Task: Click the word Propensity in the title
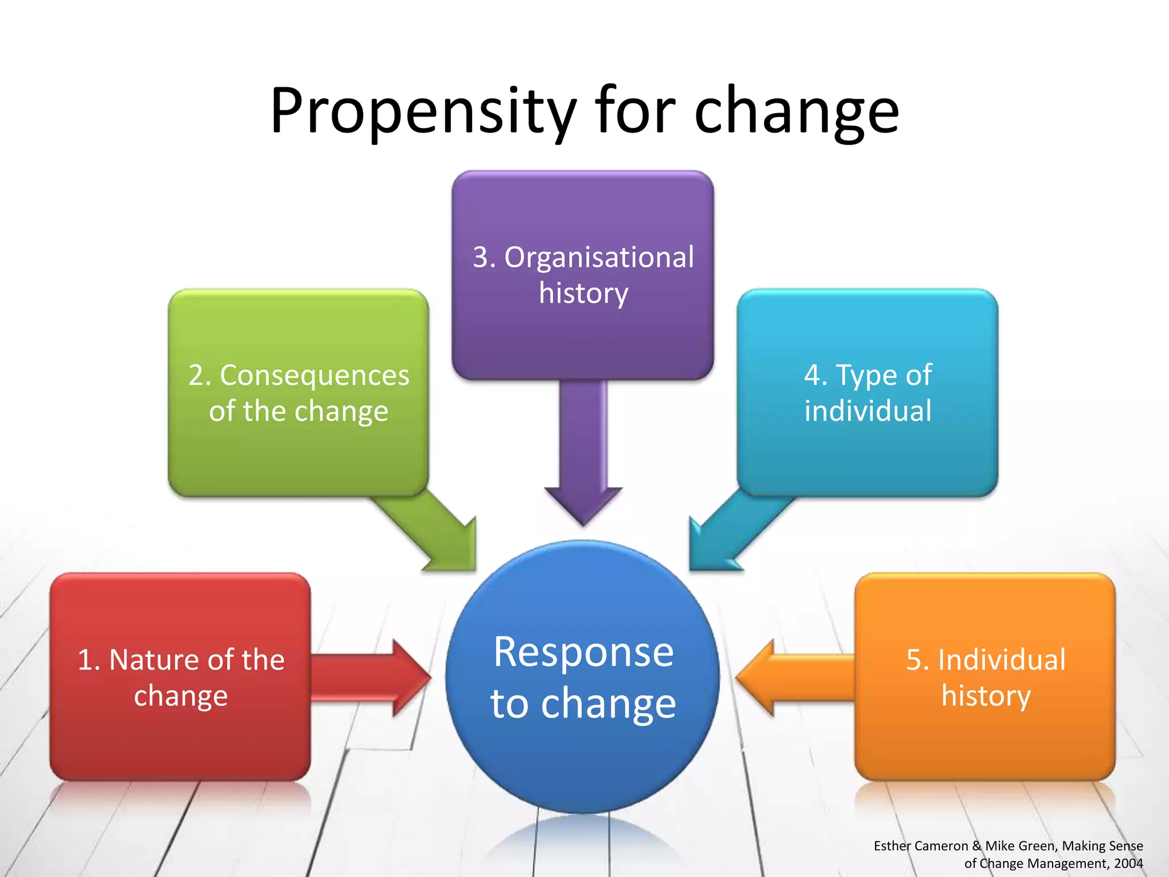422,111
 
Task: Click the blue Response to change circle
582,759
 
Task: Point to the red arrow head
411,678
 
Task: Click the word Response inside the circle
583,651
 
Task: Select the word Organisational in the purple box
599,257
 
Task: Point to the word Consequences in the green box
315,376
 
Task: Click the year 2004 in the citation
1128,863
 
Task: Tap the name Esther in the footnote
892,846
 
